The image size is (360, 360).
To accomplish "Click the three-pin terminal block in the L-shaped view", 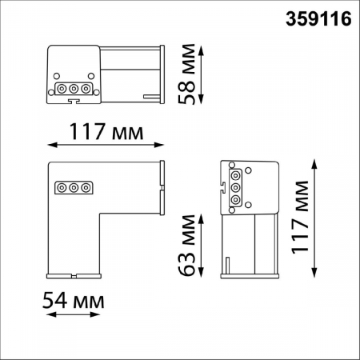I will click(73, 188).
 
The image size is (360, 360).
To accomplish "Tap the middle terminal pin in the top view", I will click(73, 89).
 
